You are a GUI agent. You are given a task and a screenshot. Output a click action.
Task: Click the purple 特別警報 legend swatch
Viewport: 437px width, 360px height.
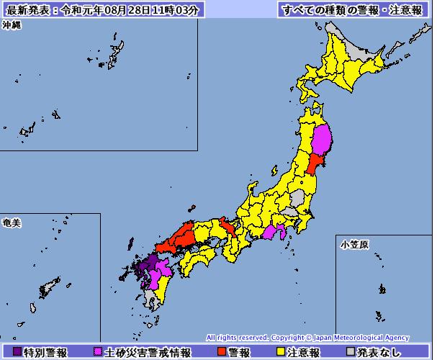18,352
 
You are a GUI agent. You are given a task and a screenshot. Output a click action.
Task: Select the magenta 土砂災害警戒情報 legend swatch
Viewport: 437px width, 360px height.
99,352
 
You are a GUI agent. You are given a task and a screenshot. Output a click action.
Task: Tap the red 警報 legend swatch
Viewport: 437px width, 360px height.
222,352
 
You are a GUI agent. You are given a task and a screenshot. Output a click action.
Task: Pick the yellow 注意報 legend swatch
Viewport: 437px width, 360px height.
280,352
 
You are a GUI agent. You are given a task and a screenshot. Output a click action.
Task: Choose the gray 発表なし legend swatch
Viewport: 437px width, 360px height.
351,352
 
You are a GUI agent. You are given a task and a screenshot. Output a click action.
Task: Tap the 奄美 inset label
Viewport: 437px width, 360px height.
12,222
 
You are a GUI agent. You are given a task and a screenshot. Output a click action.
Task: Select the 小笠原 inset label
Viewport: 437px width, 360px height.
354,245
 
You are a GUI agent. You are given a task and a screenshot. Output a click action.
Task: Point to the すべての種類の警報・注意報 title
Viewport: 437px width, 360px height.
351,9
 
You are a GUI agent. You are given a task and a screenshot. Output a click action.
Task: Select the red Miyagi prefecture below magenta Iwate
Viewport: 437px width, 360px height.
314,166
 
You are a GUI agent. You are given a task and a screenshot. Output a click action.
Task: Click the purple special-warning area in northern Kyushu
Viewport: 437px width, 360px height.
144,267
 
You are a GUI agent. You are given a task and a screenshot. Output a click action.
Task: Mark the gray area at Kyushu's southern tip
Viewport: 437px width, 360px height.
150,298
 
